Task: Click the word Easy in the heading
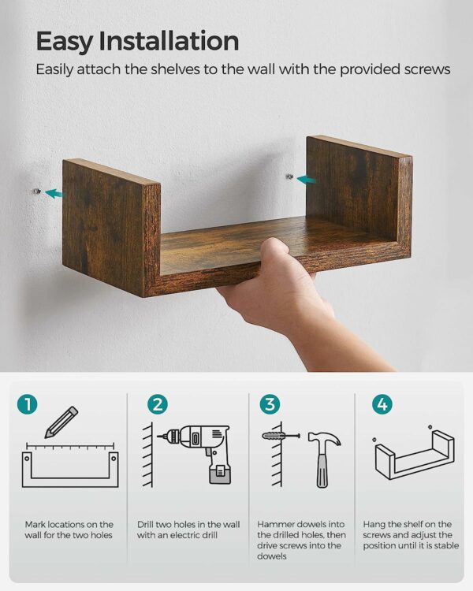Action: pyautogui.click(x=64, y=42)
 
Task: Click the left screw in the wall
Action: pyautogui.click(x=36, y=191)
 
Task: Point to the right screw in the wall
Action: pyautogui.click(x=289, y=176)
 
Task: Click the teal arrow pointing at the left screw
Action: pyautogui.click(x=54, y=194)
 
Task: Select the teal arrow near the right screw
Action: pyautogui.click(x=306, y=180)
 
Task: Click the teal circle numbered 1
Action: pyautogui.click(x=27, y=404)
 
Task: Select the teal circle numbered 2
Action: pyautogui.click(x=158, y=404)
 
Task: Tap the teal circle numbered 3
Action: pyautogui.click(x=270, y=404)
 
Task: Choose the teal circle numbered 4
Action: pyautogui.click(x=382, y=404)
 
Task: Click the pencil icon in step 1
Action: pyautogui.click(x=61, y=422)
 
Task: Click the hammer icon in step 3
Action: pyautogui.click(x=324, y=459)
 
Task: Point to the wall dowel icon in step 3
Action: pyautogui.click(x=281, y=436)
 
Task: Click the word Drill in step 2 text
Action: pyautogui.click(x=145, y=524)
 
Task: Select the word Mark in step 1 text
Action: pyautogui.click(x=35, y=524)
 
